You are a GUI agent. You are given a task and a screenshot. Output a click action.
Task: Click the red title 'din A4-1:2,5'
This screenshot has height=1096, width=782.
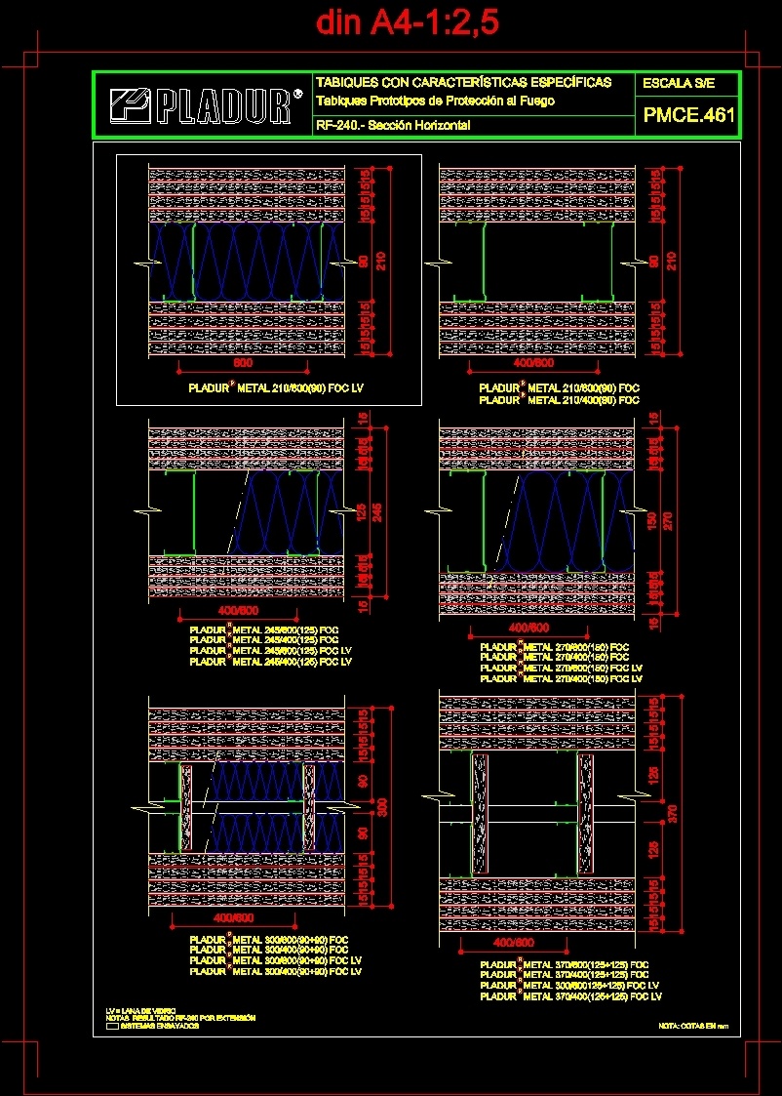(x=408, y=22)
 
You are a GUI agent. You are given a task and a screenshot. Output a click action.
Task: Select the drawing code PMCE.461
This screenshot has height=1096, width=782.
(x=687, y=116)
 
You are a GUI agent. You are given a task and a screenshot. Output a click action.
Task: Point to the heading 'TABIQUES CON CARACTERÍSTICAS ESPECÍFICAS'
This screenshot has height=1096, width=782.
(x=463, y=82)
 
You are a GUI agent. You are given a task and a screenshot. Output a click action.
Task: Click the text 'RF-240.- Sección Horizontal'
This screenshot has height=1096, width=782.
(x=393, y=126)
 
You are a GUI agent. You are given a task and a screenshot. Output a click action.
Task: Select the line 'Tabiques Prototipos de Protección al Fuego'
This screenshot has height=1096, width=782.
(x=435, y=101)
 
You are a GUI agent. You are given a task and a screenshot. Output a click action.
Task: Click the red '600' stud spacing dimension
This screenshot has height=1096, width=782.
(x=243, y=363)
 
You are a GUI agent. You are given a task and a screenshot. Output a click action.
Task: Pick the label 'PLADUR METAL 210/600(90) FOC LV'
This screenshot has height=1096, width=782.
(x=275, y=388)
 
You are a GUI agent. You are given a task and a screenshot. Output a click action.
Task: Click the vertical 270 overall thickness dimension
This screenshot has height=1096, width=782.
(x=669, y=520)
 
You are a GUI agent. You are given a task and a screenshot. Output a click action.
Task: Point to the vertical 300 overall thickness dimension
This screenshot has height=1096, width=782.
(x=383, y=806)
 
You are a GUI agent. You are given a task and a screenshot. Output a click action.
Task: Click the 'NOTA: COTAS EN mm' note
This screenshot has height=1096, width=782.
(x=693, y=1026)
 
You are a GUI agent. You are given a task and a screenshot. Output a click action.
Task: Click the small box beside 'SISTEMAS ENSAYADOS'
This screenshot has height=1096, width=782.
(x=111, y=1026)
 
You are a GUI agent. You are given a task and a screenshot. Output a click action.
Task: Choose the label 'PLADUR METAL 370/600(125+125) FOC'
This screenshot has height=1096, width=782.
(x=565, y=964)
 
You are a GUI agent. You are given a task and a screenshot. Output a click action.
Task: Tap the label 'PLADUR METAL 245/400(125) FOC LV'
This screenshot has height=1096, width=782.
(x=270, y=662)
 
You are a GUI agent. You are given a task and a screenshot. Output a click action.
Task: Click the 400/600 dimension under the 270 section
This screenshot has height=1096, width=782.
(x=528, y=627)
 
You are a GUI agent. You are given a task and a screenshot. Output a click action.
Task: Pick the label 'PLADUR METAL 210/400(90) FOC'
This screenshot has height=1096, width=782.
(x=560, y=400)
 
